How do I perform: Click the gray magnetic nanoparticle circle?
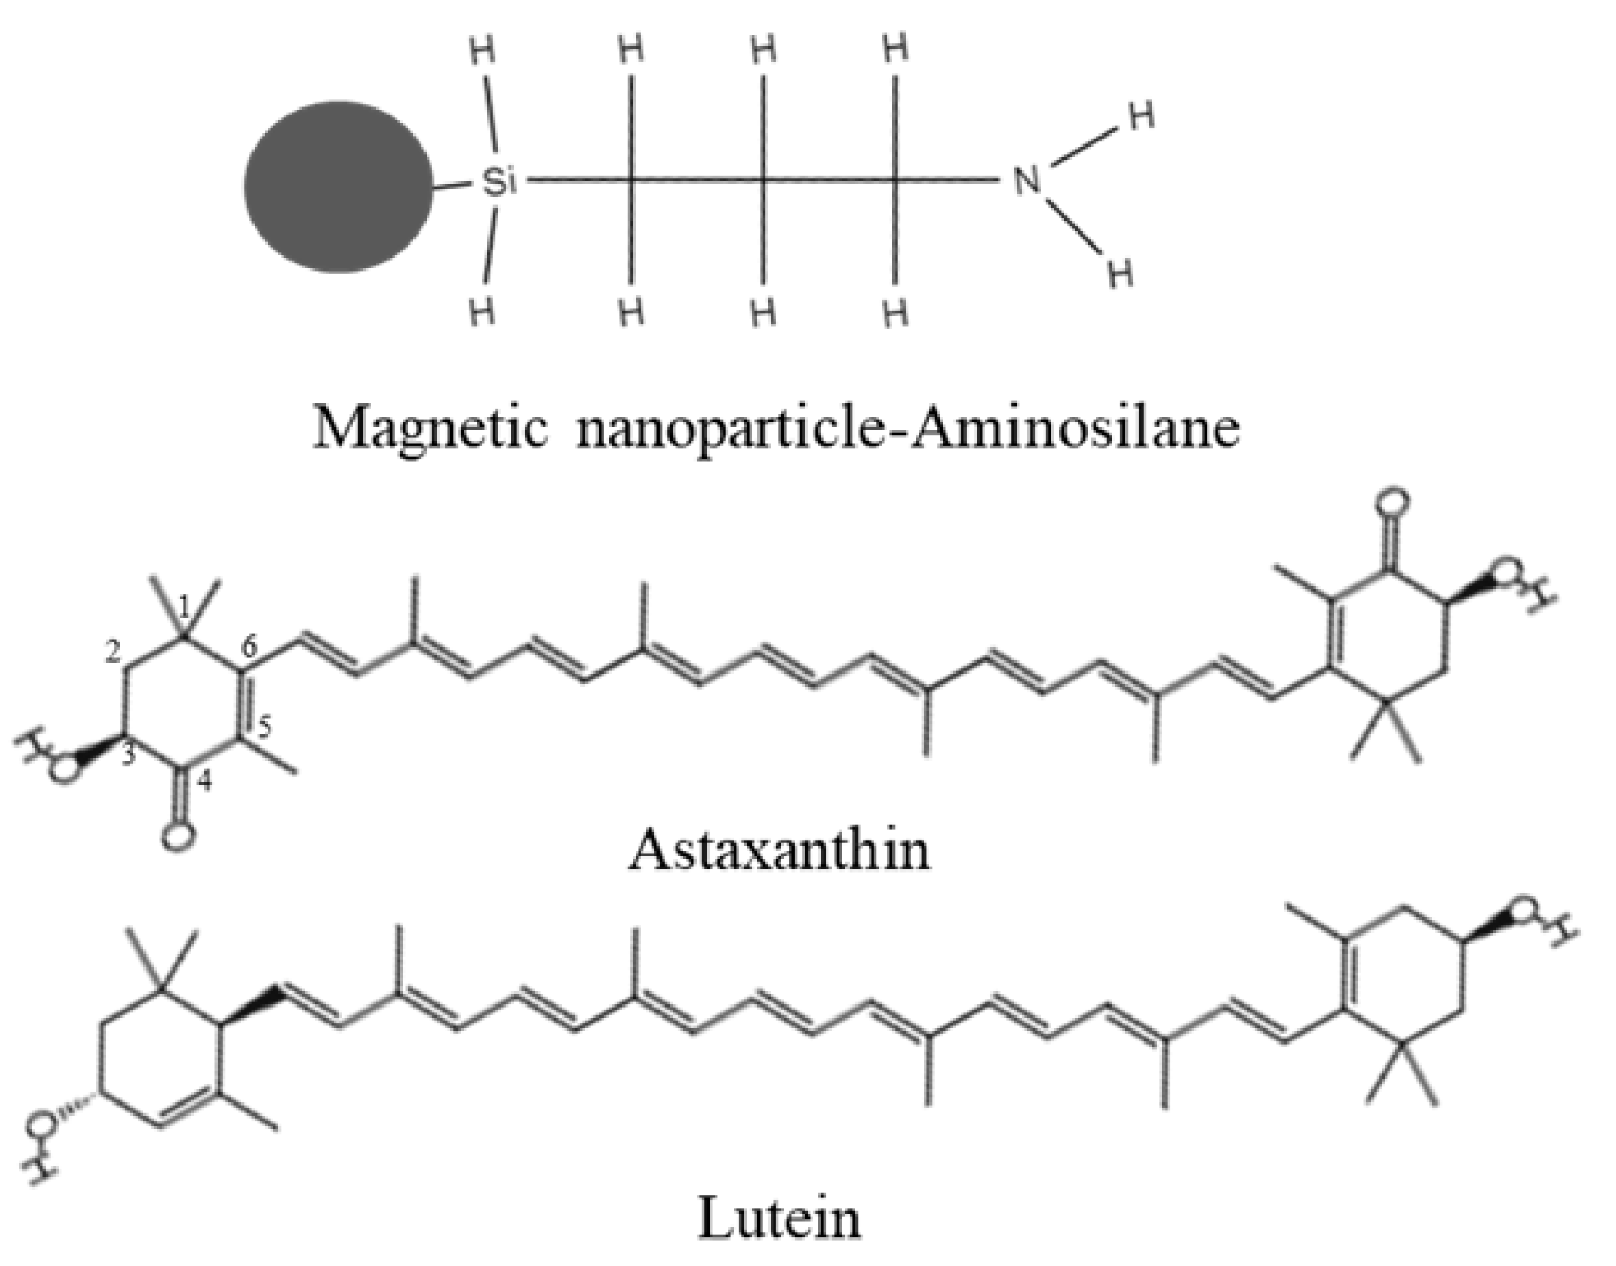[x=338, y=186]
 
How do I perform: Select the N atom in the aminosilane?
[x=1026, y=182]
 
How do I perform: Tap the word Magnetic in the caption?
[x=430, y=427]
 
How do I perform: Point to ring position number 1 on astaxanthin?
[x=184, y=606]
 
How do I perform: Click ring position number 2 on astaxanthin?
[x=113, y=653]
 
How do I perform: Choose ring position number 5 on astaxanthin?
[x=264, y=726]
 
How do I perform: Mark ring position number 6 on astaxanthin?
[x=248, y=649]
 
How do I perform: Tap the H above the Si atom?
[x=482, y=52]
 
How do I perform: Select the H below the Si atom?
[x=482, y=312]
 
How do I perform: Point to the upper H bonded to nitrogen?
[x=1142, y=117]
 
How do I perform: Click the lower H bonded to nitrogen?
[x=1120, y=273]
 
